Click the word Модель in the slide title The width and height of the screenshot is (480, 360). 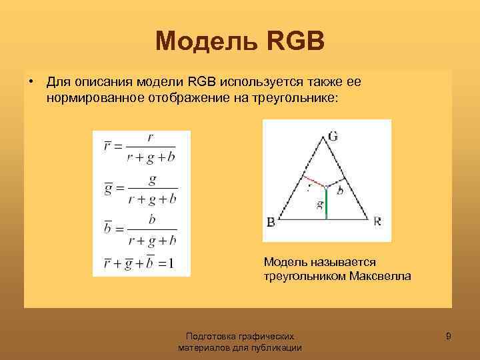[x=200, y=41]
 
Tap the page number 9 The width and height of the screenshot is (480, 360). [x=449, y=337]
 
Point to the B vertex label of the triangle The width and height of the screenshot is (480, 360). [x=271, y=221]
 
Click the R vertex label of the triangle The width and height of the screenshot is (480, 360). [x=377, y=221]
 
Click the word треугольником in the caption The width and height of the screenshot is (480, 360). [x=304, y=275]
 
